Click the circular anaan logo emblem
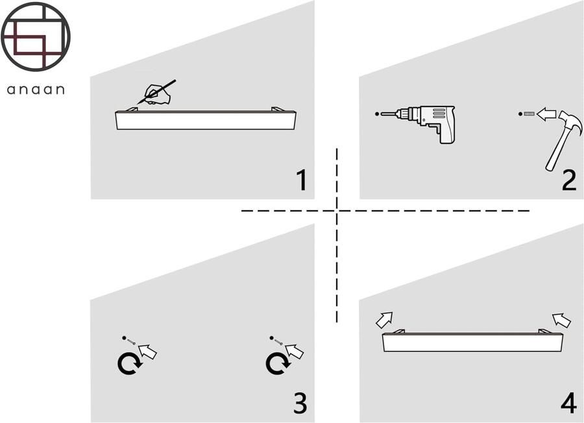[x=36, y=36]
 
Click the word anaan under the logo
[x=36, y=90]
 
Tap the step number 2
[x=568, y=180]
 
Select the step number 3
[x=300, y=403]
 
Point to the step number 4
[x=568, y=403]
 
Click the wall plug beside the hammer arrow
[x=529, y=114]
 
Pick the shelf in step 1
[x=206, y=120]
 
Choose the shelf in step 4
[x=473, y=342]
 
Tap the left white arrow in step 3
[x=148, y=352]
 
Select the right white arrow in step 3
[x=295, y=352]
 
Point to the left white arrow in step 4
[x=385, y=319]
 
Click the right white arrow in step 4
[x=561, y=319]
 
